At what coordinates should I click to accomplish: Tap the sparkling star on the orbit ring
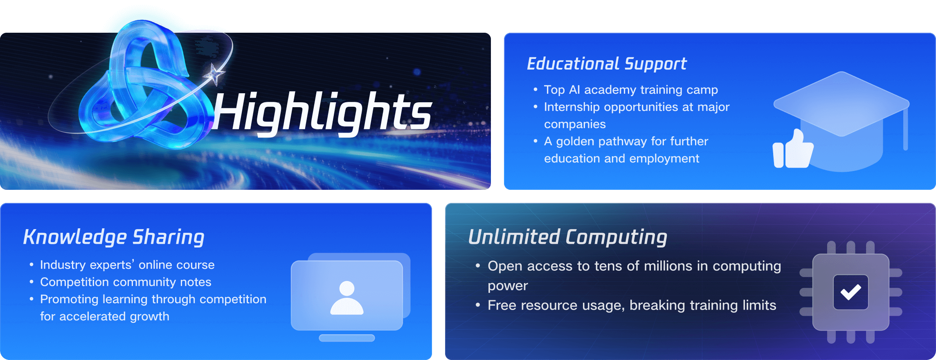coord(214,74)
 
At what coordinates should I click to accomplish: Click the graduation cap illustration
coord(842,121)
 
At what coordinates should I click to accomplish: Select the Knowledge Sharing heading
coord(114,237)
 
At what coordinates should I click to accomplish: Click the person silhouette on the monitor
coord(347,298)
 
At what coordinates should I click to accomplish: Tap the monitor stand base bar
coord(347,338)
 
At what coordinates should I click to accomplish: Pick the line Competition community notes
coord(126,282)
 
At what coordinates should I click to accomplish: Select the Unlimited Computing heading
coord(567,237)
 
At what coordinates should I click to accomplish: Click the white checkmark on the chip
coord(851,292)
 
